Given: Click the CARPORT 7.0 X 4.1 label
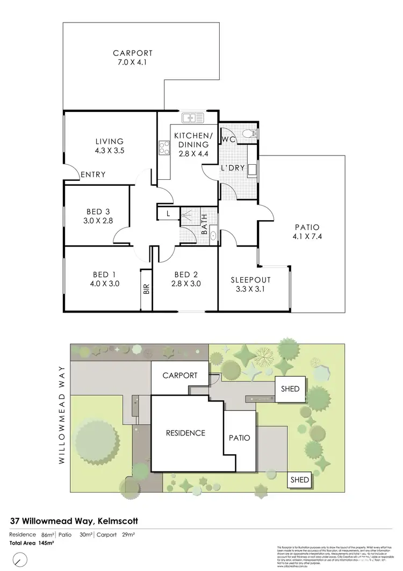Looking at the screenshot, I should pos(133,58).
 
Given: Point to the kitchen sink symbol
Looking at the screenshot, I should pos(190,117).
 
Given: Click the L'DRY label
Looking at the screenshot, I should pos(233,168).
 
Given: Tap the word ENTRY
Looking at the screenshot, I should pos(93,174).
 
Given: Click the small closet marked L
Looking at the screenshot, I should pos(168,214).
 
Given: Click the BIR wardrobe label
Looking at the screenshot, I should pos(146,289).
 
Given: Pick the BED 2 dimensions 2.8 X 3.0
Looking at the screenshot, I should pos(185,284).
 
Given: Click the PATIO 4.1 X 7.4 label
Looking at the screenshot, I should pos(304,231).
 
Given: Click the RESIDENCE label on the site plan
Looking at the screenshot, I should pos(185,433).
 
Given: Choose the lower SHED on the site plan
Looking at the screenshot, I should pos(300,480).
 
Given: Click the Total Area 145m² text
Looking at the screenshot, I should pos(32,543).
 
